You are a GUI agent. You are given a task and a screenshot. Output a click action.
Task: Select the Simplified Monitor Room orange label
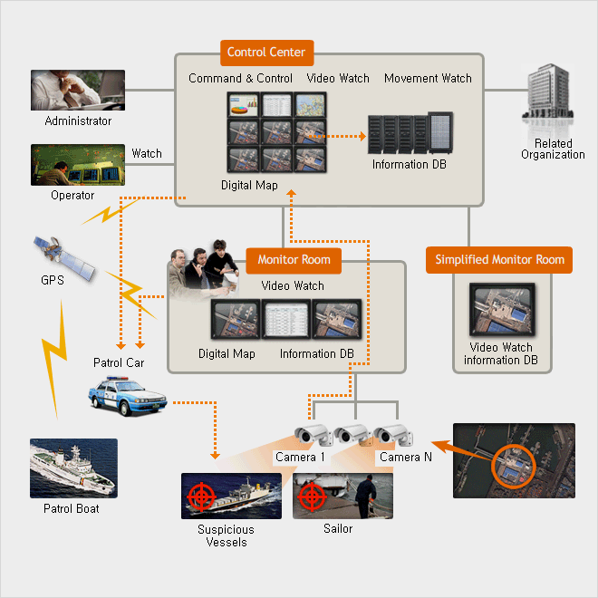click(x=499, y=260)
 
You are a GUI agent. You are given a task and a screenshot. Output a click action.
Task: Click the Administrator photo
click(x=78, y=91)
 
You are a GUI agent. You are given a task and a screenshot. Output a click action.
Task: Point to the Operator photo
click(x=78, y=165)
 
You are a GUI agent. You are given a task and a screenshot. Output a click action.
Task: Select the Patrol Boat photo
click(x=73, y=468)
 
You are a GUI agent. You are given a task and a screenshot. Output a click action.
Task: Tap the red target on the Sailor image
click(x=312, y=495)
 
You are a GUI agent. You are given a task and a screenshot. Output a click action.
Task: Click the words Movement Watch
click(x=428, y=79)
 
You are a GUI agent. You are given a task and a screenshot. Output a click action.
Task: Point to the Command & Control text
click(x=240, y=79)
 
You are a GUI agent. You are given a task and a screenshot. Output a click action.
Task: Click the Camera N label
click(x=400, y=458)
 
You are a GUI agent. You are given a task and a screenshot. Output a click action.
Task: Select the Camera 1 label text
click(x=300, y=458)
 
